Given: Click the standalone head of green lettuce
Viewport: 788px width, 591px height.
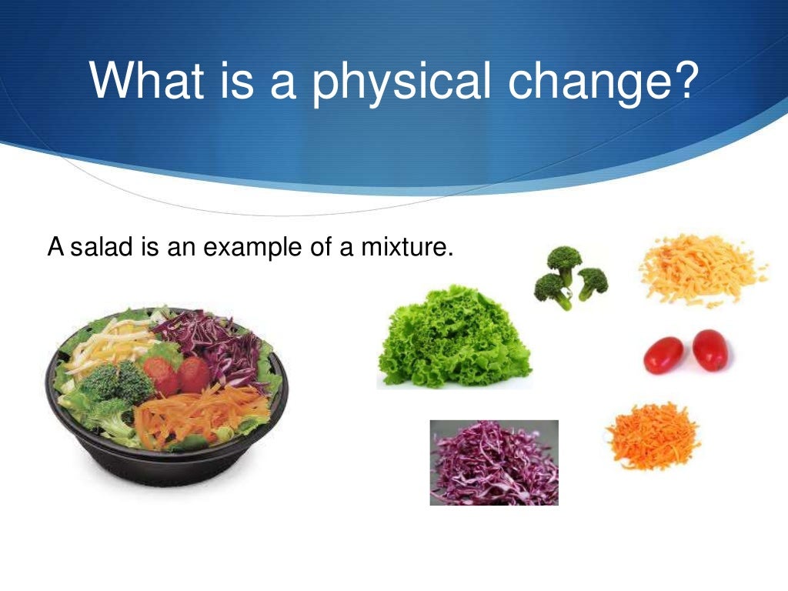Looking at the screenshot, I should tap(454, 339).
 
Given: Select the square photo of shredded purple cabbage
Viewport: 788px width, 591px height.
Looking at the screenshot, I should tap(494, 462).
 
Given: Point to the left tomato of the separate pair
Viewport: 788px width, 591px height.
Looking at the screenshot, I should tap(663, 355).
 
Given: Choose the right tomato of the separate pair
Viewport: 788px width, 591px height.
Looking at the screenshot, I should tap(710, 349).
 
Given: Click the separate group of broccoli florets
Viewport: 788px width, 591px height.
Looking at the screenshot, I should tap(569, 278).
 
